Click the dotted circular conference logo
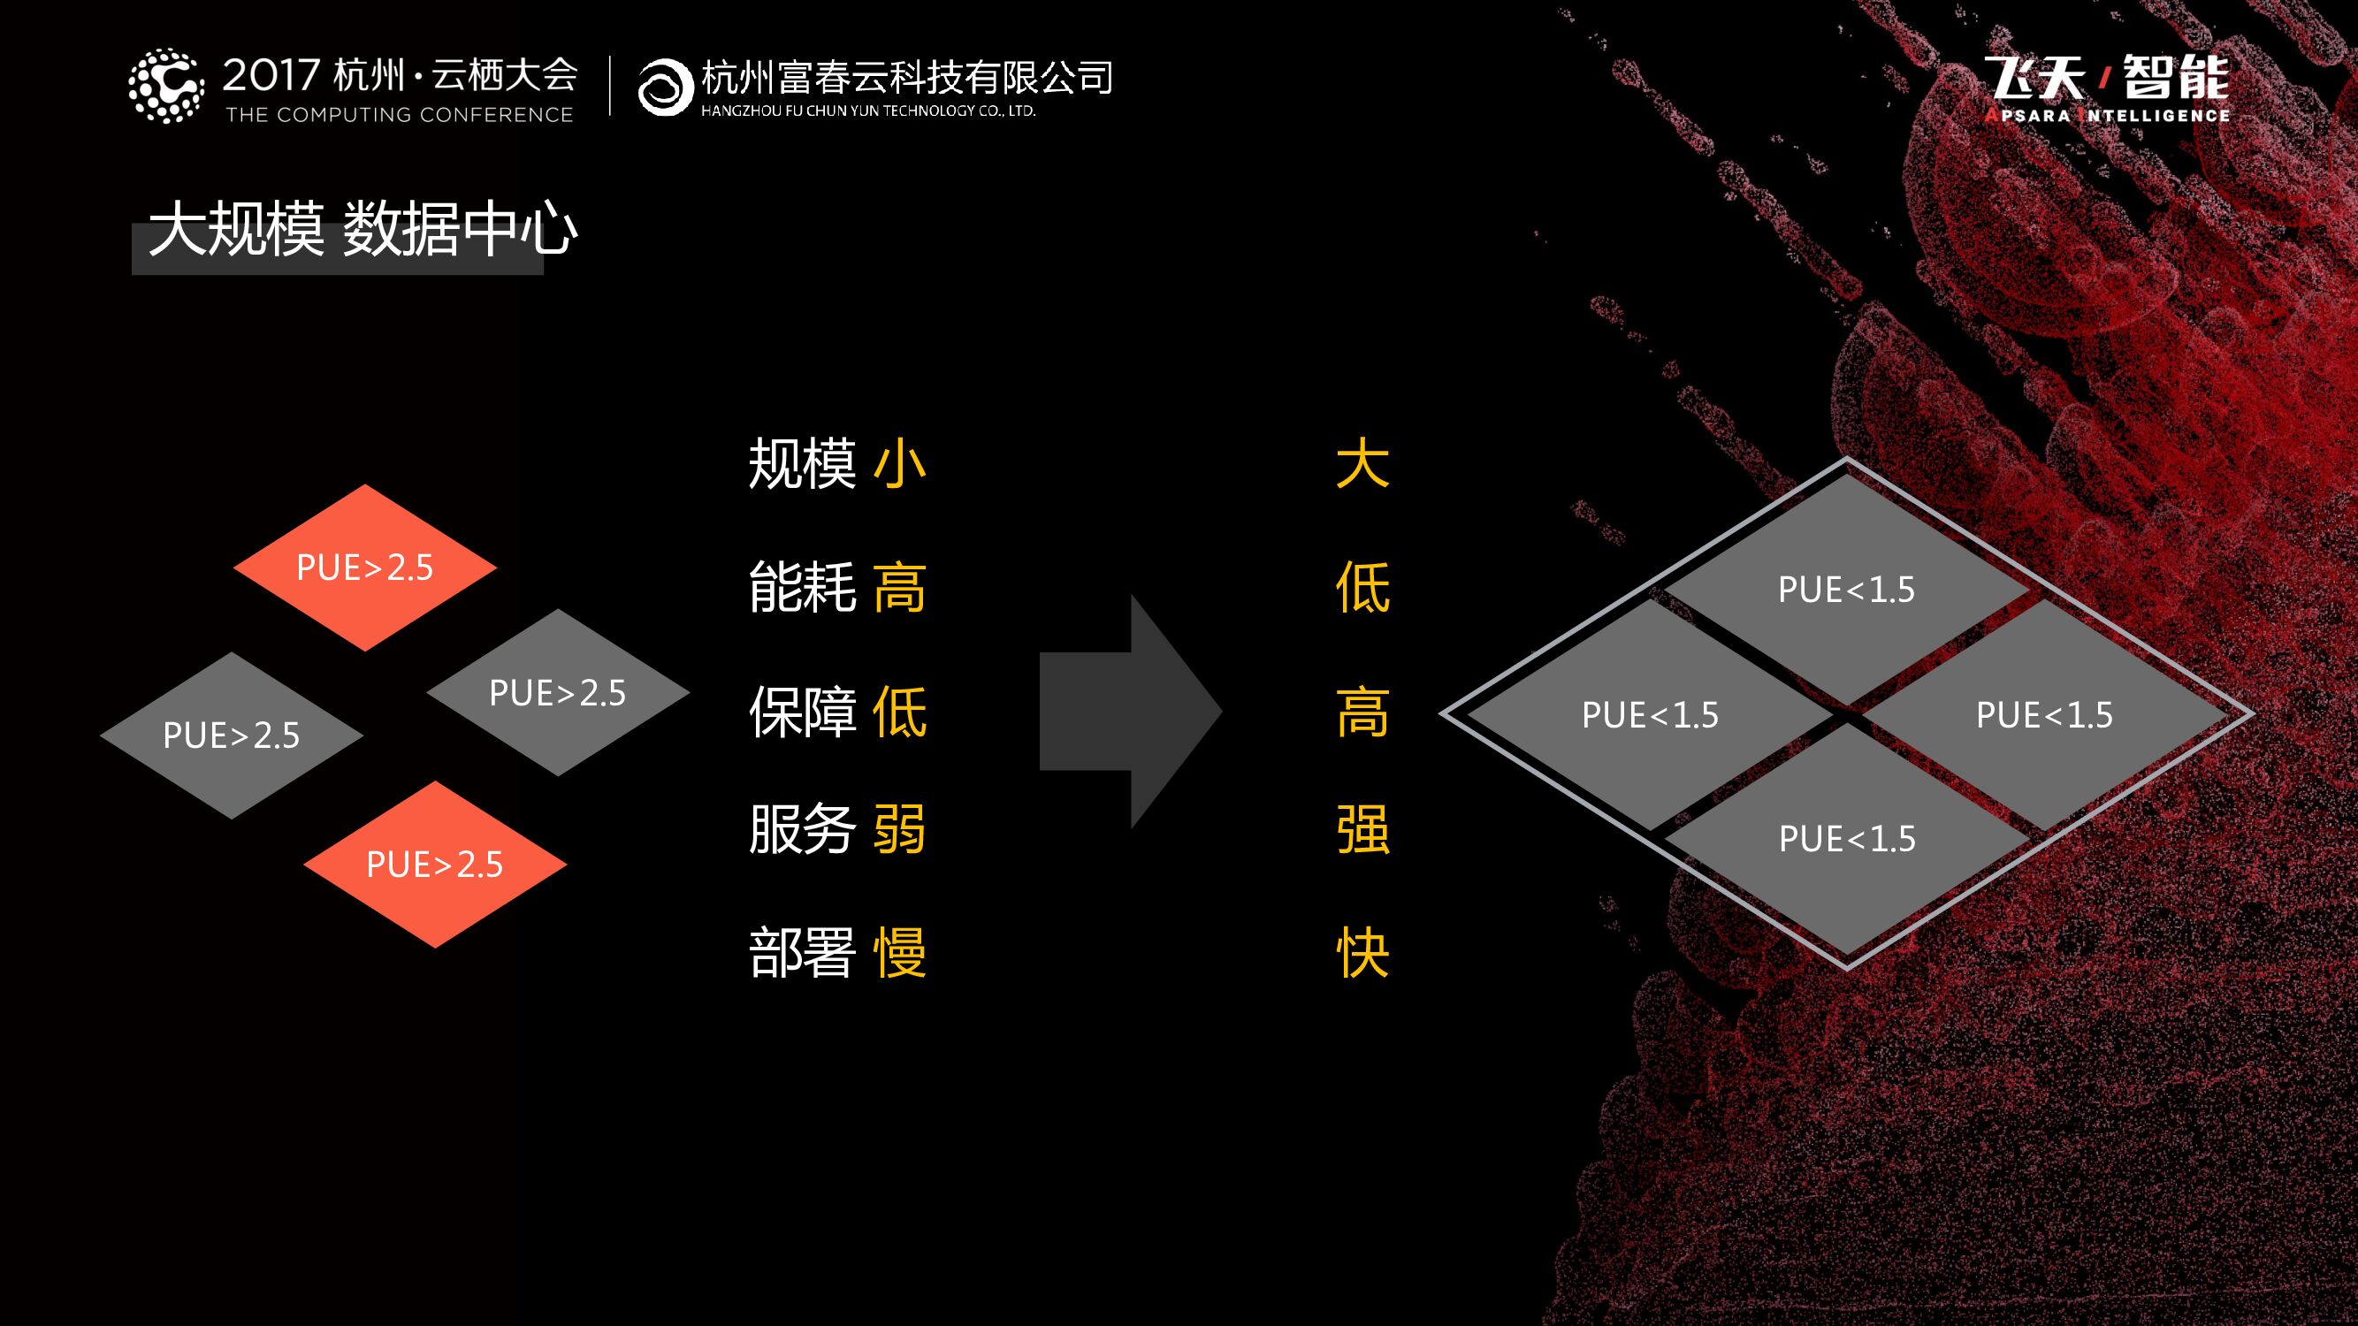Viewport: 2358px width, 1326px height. point(165,86)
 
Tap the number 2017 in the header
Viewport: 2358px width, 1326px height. point(271,75)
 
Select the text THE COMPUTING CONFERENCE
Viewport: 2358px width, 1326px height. point(399,115)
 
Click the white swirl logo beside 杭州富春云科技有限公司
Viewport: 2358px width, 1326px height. point(664,87)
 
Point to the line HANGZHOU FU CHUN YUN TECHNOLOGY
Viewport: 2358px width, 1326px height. point(867,111)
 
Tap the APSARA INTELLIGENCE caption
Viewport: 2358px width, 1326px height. point(2107,115)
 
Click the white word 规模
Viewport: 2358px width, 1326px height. point(802,464)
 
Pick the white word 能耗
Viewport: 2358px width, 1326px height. point(802,587)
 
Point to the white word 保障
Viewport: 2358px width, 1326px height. point(802,711)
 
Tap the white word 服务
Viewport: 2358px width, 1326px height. point(802,829)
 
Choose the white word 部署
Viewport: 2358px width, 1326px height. point(802,953)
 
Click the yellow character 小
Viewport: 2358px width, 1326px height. point(899,464)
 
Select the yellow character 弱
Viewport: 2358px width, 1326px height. point(899,829)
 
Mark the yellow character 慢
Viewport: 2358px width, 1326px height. point(899,953)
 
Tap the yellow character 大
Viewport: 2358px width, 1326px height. point(1362,464)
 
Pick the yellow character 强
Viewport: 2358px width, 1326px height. point(1362,829)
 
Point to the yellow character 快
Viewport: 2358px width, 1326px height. point(1362,953)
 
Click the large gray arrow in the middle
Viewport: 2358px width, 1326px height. point(1132,711)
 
